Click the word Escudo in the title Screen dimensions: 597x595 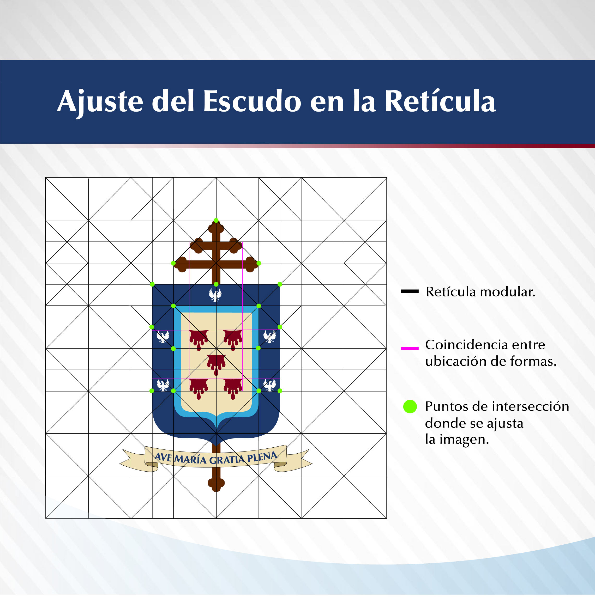(252, 101)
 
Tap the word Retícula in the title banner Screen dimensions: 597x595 (440, 101)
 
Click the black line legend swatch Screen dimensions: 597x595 (410, 291)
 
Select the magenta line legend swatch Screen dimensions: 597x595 (410, 349)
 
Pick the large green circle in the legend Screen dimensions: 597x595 (410, 406)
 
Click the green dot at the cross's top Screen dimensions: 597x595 (216, 220)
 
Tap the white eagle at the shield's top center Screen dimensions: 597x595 (215, 295)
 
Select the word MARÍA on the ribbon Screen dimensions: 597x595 (190, 459)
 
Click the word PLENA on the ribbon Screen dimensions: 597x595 (262, 457)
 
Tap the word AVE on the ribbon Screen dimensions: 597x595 (163, 457)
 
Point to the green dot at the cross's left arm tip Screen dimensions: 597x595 (173, 263)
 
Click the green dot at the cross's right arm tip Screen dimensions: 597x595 (259, 263)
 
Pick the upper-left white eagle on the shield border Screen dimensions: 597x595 (163, 337)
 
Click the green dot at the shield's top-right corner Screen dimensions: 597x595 (280, 284)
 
